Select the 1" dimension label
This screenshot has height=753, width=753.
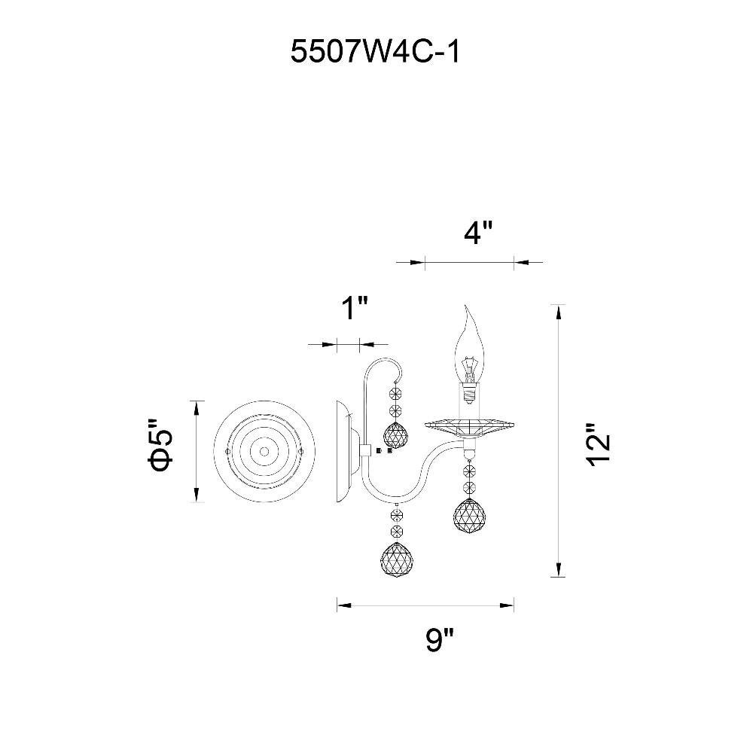[353, 309]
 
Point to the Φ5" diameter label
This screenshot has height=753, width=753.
[161, 450]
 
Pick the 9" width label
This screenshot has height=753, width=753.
[440, 641]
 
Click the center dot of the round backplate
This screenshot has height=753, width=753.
[264, 451]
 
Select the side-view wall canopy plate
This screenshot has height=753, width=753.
[344, 451]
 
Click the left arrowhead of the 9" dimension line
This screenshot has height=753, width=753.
[341, 603]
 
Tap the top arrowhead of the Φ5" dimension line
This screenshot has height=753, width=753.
[197, 406]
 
